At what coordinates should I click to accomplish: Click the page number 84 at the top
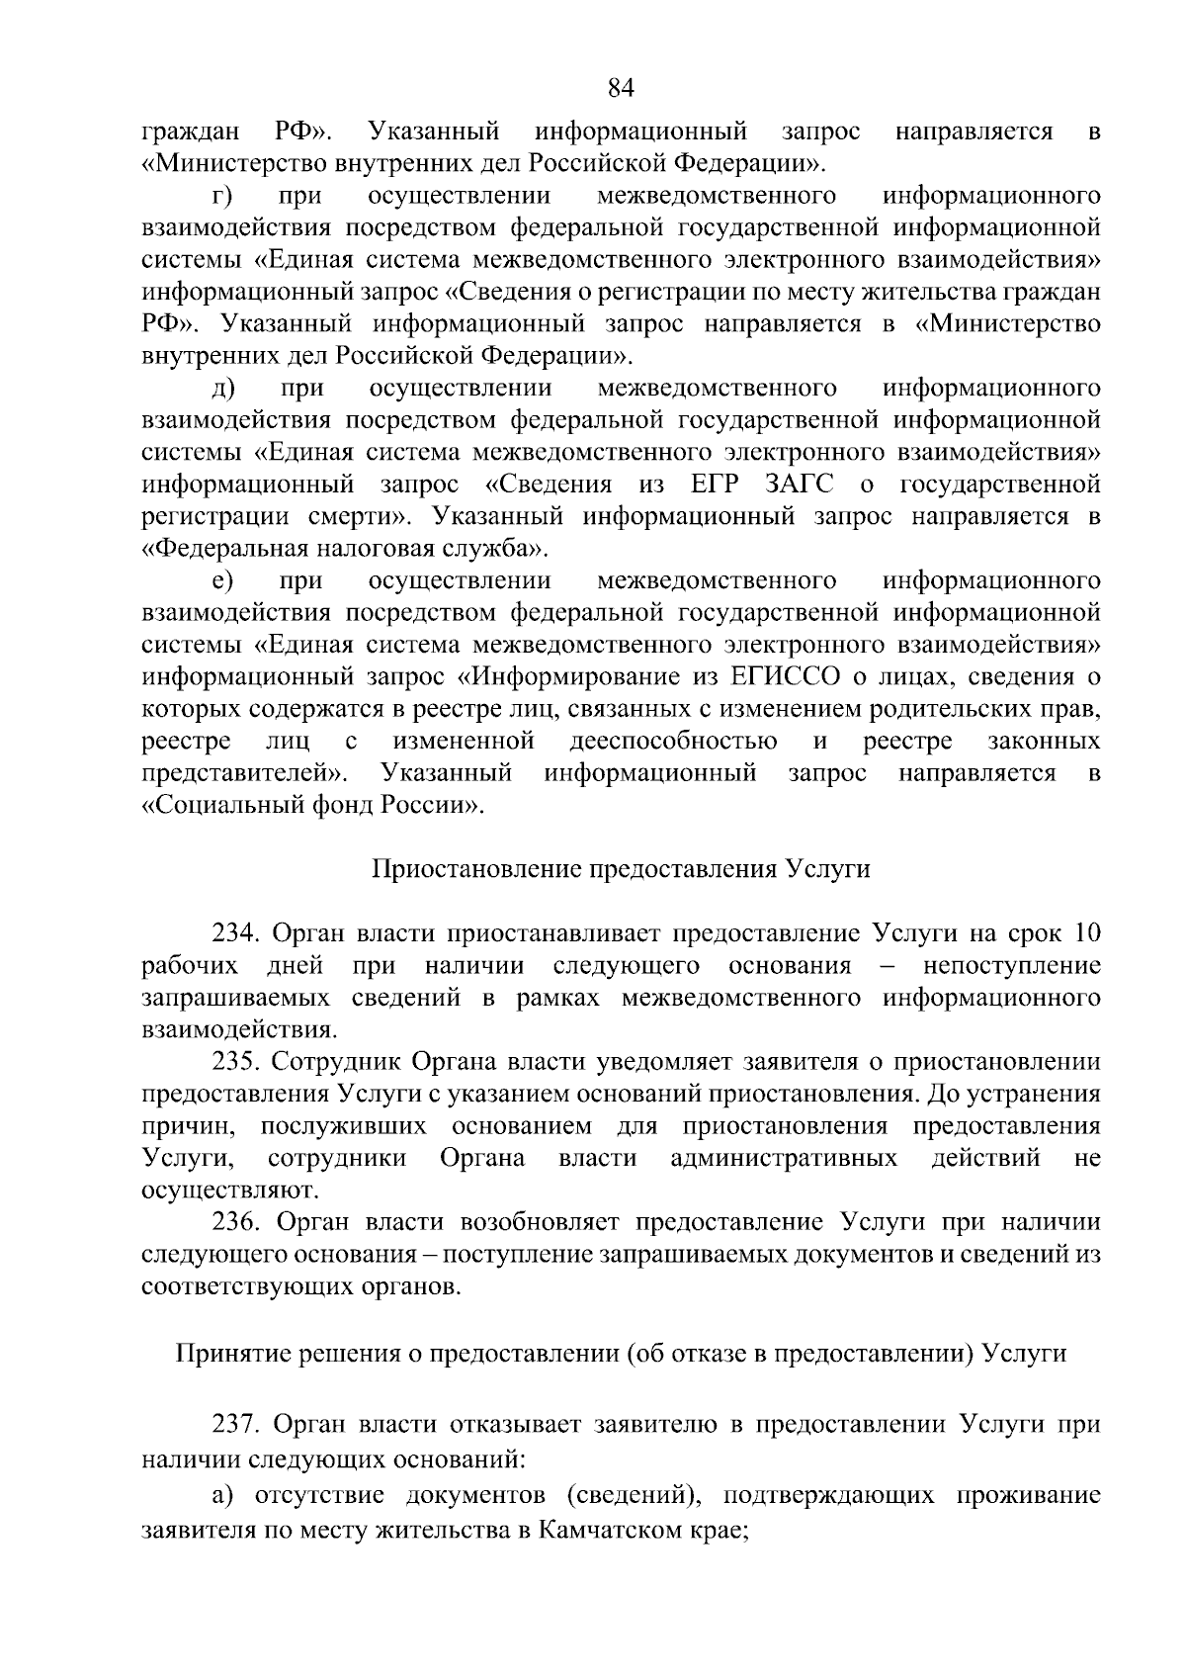point(620,89)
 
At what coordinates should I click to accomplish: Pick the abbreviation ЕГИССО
point(790,676)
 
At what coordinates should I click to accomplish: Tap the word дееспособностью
point(672,741)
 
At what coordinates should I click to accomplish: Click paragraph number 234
point(234,933)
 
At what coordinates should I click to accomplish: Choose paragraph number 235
point(234,1062)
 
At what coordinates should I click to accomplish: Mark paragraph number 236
point(234,1222)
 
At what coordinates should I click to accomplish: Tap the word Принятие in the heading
point(230,1353)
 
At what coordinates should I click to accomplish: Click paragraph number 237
point(234,1425)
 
